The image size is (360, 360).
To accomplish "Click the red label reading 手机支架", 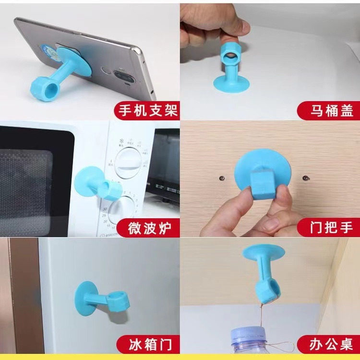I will click(x=146, y=111).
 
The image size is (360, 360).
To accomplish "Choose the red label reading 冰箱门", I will click(x=146, y=344).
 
